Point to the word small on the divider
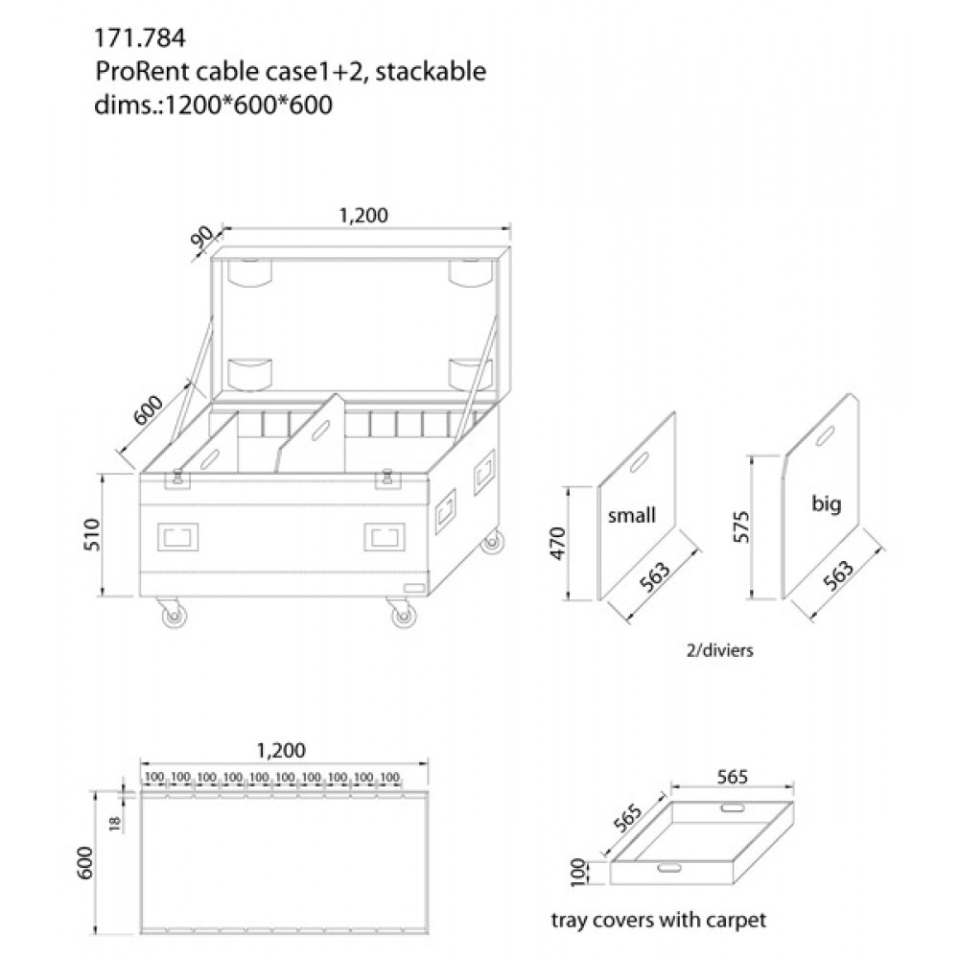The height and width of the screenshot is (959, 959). point(632,515)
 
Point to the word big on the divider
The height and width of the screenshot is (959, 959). point(826,503)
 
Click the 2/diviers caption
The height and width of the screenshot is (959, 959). point(714,649)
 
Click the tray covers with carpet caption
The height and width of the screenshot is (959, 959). point(659,921)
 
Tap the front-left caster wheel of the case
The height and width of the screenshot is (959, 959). point(176,618)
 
